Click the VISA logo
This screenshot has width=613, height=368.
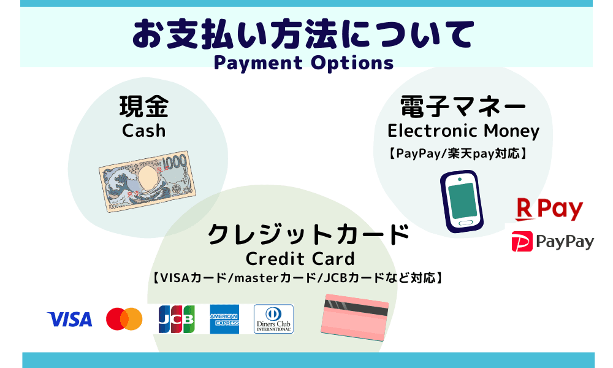point(70,319)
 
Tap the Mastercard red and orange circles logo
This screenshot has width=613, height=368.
point(124,319)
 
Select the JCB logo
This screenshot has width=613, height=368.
point(177,319)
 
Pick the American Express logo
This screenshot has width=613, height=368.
point(224,319)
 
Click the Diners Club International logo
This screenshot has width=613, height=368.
point(273,319)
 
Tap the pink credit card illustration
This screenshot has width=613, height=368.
point(354,318)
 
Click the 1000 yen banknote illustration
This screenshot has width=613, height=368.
point(147,181)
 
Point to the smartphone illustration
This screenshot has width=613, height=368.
point(462,201)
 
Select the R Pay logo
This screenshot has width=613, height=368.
point(549,209)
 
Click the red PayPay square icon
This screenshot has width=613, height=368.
point(522,241)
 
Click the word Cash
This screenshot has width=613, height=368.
point(144,131)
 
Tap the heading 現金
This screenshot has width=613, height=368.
point(144,106)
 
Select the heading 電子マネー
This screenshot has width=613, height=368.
point(463,107)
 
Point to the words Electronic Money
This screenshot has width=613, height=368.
point(463,131)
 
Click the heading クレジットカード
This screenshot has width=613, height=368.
point(308,234)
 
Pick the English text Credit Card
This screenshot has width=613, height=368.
point(300,258)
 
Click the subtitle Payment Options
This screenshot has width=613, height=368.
point(304,63)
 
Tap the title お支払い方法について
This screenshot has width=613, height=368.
point(303,34)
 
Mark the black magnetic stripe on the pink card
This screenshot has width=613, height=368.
point(356,308)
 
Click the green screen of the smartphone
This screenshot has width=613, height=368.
point(462,201)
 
